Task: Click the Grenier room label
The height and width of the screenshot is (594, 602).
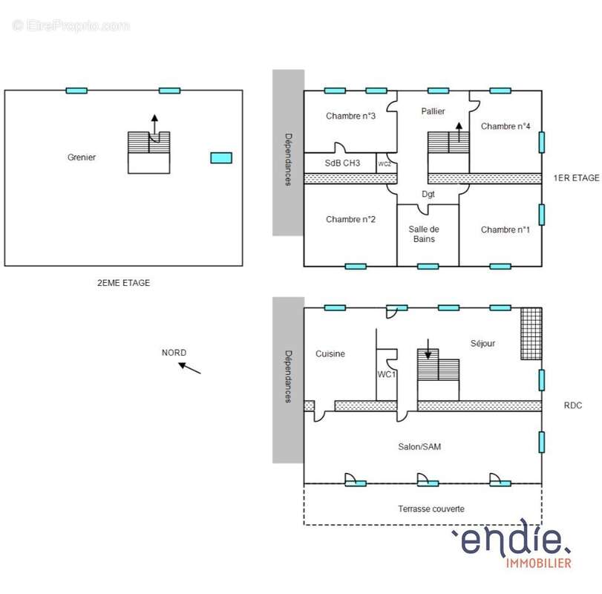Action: click(82, 157)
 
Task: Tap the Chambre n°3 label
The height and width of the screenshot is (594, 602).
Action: click(350, 116)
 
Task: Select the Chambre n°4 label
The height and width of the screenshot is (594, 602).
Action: click(506, 126)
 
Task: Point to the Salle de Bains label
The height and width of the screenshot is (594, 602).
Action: click(424, 234)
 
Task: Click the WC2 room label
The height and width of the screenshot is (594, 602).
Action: click(385, 164)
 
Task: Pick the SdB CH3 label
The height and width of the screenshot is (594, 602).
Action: click(342, 163)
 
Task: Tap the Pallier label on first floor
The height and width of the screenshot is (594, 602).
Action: click(433, 111)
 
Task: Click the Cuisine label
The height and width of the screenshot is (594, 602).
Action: click(330, 353)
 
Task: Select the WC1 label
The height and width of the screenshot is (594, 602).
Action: click(386, 374)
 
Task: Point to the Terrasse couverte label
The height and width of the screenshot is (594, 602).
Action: click(431, 509)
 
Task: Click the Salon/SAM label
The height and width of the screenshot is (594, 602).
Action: click(419, 446)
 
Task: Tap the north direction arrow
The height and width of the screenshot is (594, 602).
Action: click(190, 368)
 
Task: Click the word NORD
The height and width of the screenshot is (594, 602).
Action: click(174, 353)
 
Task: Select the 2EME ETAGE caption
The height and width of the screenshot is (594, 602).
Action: click(124, 283)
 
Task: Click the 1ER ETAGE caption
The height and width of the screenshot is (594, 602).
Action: click(576, 177)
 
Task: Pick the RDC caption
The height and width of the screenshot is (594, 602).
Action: click(573, 405)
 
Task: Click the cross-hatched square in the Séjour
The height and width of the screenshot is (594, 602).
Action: click(531, 333)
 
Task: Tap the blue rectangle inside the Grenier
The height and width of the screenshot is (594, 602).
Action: click(221, 158)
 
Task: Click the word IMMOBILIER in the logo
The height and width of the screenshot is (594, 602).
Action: click(539, 564)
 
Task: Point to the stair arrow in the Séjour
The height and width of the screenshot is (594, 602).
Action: click(428, 349)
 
